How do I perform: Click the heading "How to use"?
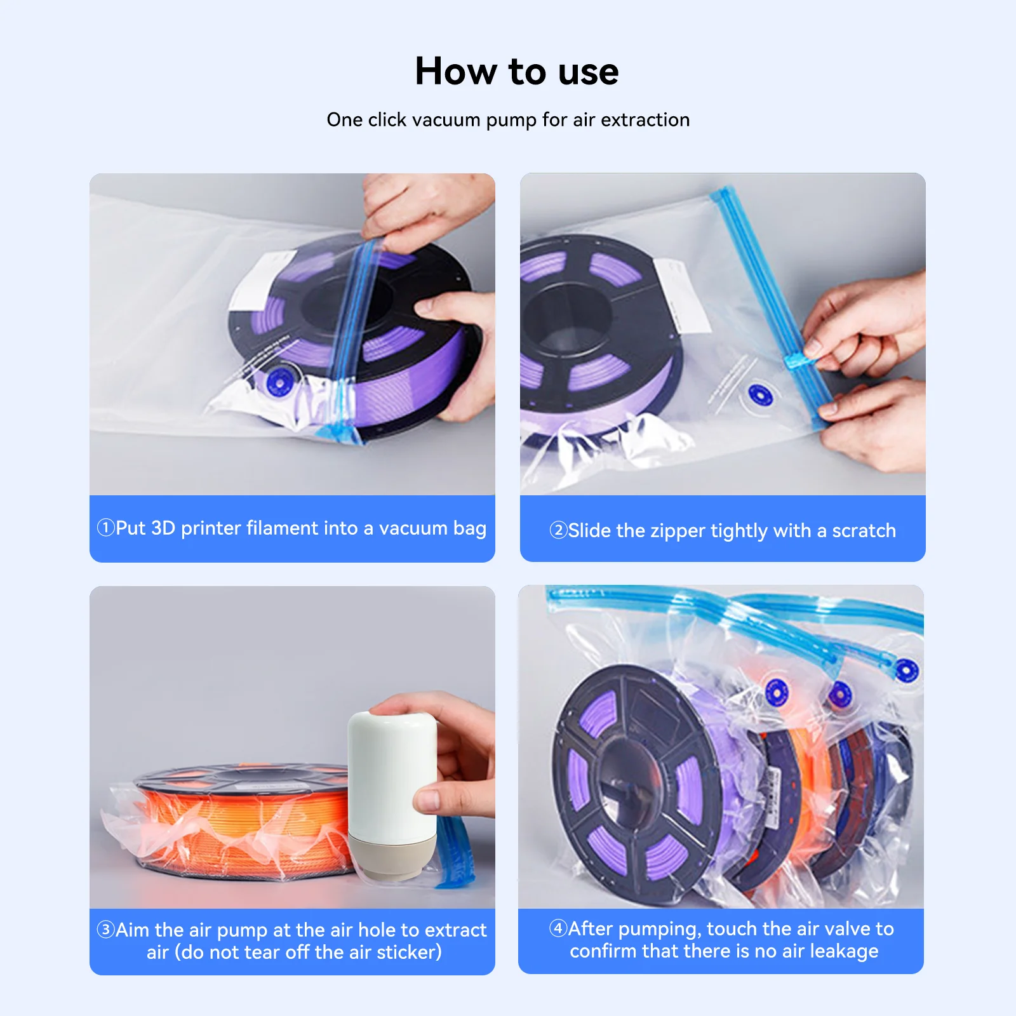(516, 71)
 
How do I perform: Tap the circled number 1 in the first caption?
(105, 528)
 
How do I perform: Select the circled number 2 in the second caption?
(558, 530)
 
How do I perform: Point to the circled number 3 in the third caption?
(105, 930)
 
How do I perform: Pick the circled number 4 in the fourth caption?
(558, 928)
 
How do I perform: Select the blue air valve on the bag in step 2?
(759, 395)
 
